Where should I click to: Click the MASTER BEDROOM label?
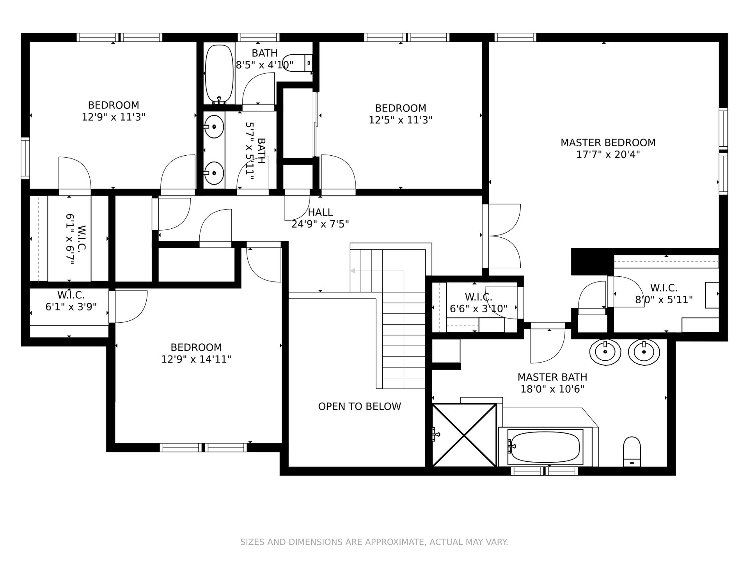[x=608, y=143]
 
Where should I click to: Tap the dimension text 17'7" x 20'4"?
[x=608, y=155]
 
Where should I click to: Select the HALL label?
[x=320, y=212]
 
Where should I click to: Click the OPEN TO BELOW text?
[x=359, y=407]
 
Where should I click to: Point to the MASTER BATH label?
[x=552, y=377]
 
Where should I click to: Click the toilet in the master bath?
[x=632, y=451]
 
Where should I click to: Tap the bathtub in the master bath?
[x=545, y=447]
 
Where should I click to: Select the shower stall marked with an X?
[x=464, y=435]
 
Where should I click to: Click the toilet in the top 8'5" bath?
[x=298, y=62]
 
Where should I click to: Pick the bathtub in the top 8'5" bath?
[x=219, y=73]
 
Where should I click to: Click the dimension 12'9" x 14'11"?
[x=196, y=359]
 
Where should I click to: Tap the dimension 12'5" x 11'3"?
[x=401, y=120]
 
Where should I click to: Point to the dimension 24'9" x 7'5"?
[x=320, y=224]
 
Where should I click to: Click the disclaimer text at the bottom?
[x=374, y=542]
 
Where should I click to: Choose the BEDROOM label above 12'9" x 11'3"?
[x=114, y=105]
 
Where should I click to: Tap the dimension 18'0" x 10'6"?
[x=552, y=389]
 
